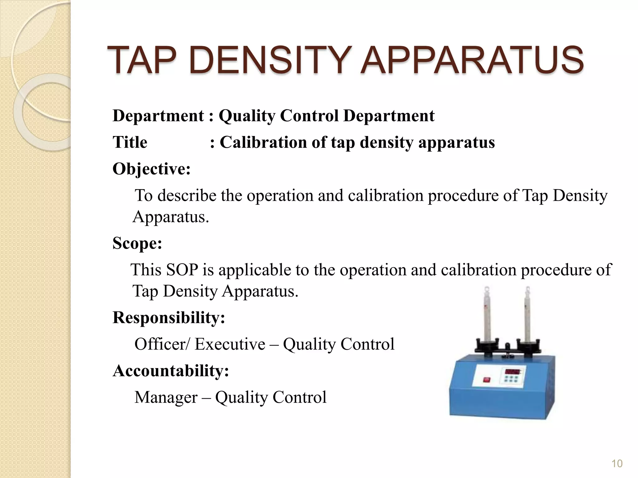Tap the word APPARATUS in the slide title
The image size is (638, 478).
click(x=472, y=60)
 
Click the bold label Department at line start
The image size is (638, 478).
click(x=158, y=116)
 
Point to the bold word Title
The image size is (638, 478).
click(x=130, y=143)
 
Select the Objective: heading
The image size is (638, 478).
click(x=151, y=169)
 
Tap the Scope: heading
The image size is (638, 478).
click(x=137, y=243)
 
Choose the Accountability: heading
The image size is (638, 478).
click(x=171, y=371)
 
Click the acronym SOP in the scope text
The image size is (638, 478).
click(x=182, y=270)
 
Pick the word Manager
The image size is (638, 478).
click(x=166, y=397)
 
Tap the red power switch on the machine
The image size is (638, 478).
click(x=486, y=380)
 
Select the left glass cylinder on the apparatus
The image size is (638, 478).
click(x=487, y=314)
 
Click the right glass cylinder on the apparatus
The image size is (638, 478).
click(x=527, y=314)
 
